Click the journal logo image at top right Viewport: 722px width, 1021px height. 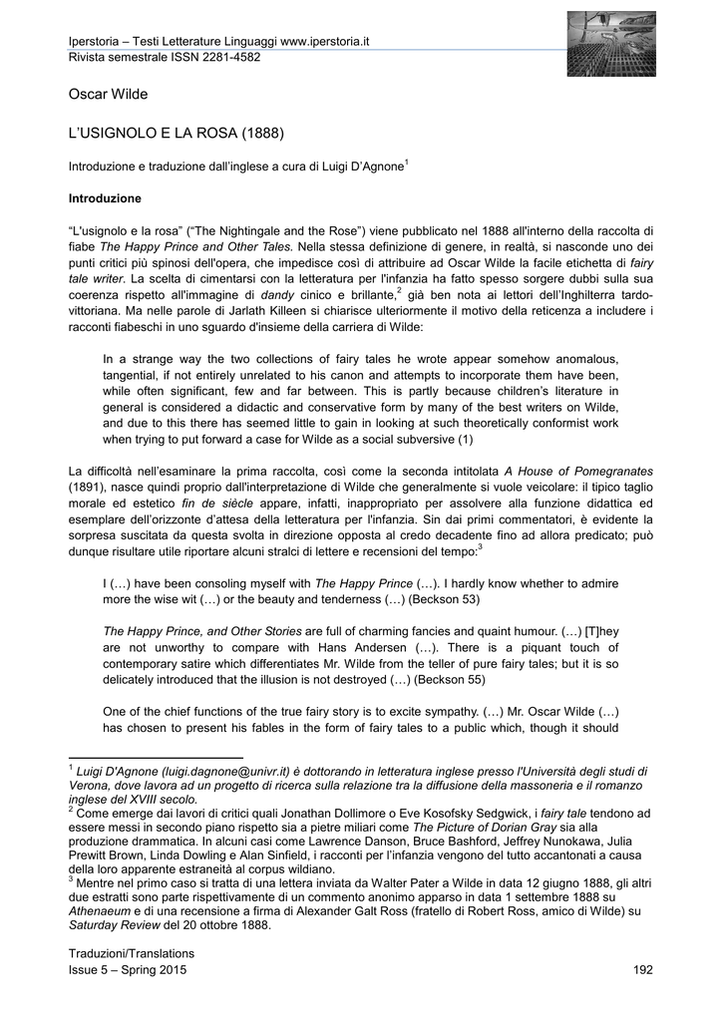tap(611, 44)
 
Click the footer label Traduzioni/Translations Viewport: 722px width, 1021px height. tap(131, 953)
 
